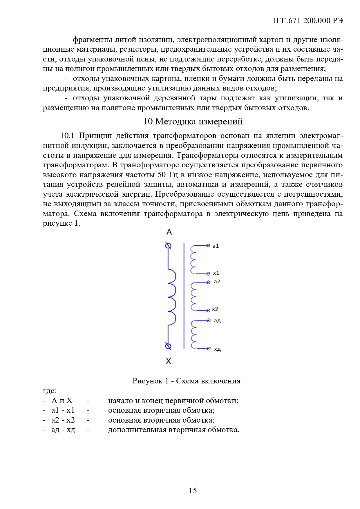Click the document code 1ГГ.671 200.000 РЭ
coord(308,21)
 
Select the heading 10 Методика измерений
coord(193,122)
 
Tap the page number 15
coord(193,490)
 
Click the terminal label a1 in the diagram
coord(216,246)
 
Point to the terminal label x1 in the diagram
coord(216,273)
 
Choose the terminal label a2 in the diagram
coord(217,282)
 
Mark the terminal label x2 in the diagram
coord(215,309)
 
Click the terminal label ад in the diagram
coord(217,320)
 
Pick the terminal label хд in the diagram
coord(217,349)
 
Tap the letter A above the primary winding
coord(169,232)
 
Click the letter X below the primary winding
coord(169,361)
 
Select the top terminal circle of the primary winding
coord(168,246)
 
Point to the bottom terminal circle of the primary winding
coord(168,346)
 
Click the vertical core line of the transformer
coord(184,296)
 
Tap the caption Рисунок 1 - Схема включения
coord(187,381)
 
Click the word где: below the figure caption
coord(50,391)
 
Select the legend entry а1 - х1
coord(63,410)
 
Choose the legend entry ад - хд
coord(63,430)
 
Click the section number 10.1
coord(67,136)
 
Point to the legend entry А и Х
coord(62,401)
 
